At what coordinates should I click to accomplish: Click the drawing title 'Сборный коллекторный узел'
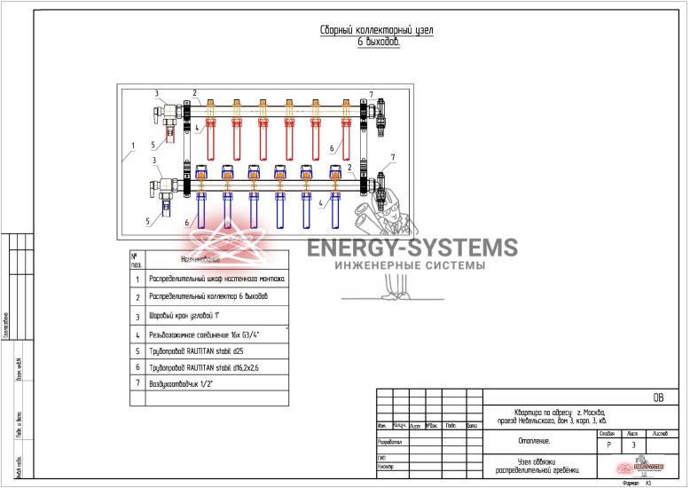(376, 30)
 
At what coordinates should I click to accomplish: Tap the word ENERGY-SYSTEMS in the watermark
(412, 248)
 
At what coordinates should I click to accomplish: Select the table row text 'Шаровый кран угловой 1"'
(191, 315)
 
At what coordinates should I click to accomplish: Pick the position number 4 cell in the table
(137, 335)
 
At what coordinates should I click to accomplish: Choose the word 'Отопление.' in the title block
(535, 440)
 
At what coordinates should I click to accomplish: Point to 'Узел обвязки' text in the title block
(535, 460)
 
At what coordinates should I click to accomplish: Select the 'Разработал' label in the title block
(390, 440)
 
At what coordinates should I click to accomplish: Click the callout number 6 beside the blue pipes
(187, 222)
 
